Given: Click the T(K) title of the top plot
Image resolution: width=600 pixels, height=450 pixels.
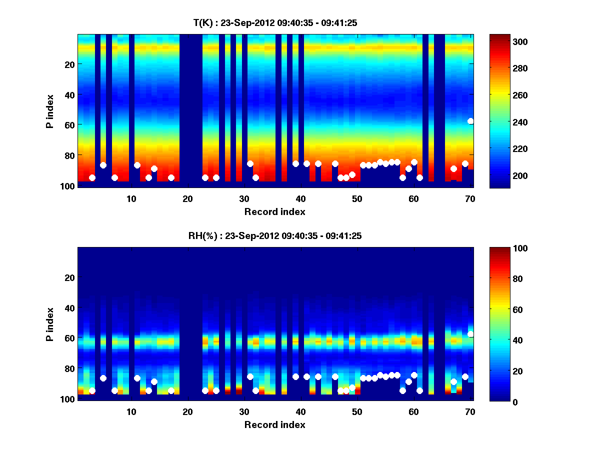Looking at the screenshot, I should [275, 23].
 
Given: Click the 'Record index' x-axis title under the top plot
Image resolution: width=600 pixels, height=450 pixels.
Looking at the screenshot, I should [275, 211].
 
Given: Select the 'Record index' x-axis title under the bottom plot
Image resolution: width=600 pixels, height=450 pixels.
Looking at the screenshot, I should [275, 424].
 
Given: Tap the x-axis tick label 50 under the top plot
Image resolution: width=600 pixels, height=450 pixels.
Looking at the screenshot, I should [357, 199].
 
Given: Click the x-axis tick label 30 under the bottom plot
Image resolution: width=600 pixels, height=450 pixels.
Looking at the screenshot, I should [244, 412].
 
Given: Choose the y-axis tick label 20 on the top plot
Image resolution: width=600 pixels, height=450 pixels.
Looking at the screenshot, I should [69, 64].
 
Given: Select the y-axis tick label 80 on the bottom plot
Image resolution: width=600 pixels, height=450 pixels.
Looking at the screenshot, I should [69, 368].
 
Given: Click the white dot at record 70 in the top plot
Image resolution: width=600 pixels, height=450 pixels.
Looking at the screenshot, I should [470, 121].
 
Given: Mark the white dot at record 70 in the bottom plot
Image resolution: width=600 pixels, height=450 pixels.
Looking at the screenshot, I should [470, 334].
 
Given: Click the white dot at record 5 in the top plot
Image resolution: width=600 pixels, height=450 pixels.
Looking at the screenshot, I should [103, 165].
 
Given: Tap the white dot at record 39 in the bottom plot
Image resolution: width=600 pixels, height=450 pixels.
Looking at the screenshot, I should [295, 376].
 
